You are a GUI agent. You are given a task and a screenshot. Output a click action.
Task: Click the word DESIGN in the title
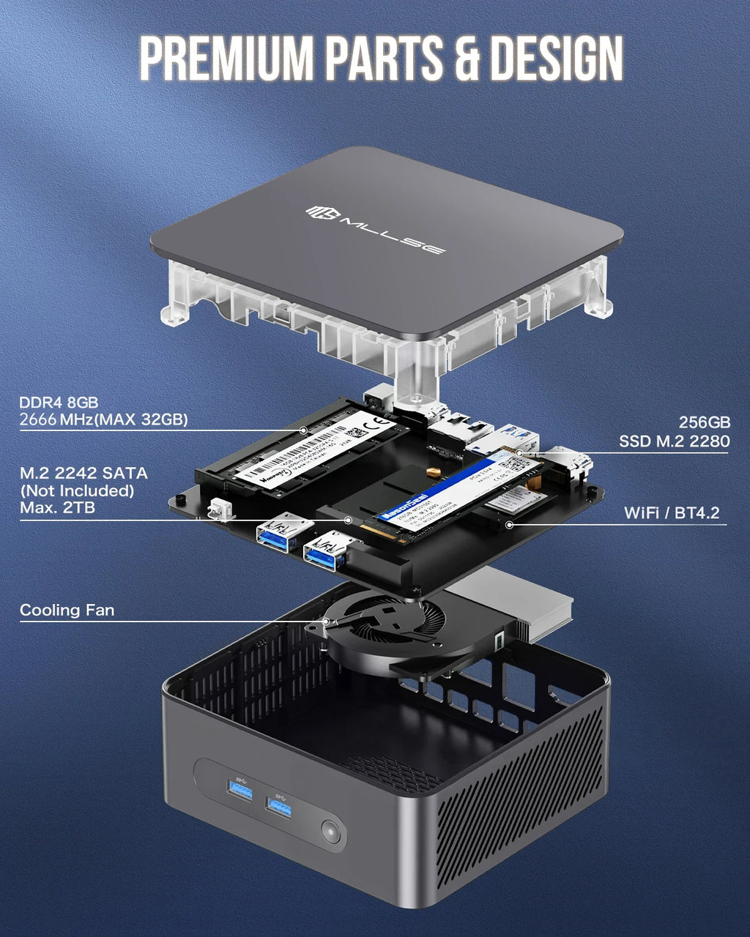click(556, 58)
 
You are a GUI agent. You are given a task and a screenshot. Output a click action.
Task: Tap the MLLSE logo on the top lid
click(374, 229)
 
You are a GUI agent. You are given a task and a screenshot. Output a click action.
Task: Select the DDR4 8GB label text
click(59, 402)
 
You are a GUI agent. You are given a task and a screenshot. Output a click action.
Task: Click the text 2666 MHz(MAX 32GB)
click(103, 419)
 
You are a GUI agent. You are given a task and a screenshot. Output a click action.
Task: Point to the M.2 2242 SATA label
click(83, 473)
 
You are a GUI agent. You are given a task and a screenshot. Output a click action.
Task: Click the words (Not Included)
click(77, 490)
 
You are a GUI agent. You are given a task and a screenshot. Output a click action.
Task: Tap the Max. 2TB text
click(57, 507)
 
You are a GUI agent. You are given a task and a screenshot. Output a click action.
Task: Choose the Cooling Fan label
click(67, 610)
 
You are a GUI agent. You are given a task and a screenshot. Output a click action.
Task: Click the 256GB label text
click(704, 422)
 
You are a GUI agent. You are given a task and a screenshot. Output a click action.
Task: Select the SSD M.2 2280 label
click(674, 441)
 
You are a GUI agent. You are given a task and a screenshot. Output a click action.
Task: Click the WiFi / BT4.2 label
click(672, 512)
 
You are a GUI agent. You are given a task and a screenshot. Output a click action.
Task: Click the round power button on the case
click(332, 832)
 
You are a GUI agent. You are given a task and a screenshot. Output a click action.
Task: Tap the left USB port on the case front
click(240, 790)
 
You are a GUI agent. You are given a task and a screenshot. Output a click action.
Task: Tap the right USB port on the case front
click(279, 807)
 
